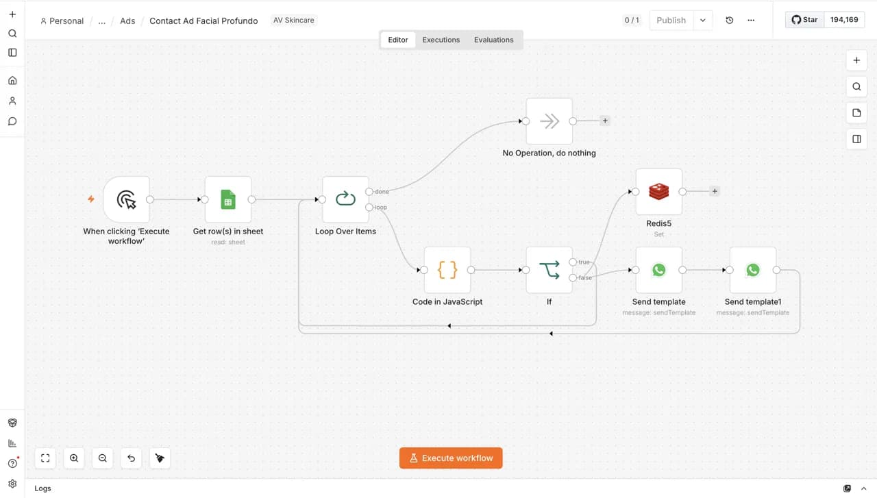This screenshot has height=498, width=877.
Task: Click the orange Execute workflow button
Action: tap(451, 458)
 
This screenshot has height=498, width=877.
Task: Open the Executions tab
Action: tap(441, 40)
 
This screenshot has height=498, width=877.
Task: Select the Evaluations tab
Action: tap(494, 40)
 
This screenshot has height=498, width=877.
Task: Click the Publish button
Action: tap(671, 20)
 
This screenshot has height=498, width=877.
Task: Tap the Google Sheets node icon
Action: tap(228, 199)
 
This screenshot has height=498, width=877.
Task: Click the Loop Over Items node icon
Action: tap(345, 199)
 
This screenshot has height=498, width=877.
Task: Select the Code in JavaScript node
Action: tap(447, 270)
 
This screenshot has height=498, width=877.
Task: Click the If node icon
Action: tap(549, 270)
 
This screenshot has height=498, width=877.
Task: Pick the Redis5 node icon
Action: tap(658, 191)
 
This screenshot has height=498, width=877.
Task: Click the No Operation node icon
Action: tap(549, 121)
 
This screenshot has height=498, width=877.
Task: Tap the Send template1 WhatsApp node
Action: tap(752, 270)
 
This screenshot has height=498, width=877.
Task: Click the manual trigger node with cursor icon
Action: tap(126, 199)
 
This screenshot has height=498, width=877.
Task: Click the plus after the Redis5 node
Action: tap(715, 191)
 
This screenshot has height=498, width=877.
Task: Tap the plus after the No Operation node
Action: tap(605, 121)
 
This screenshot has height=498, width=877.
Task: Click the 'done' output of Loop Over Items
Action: tap(369, 191)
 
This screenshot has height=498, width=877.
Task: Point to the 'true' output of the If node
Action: tap(573, 262)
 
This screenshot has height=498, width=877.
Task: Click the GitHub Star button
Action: tap(804, 20)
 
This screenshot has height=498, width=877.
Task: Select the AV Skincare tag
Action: tap(294, 20)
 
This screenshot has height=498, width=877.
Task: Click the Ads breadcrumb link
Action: tap(127, 21)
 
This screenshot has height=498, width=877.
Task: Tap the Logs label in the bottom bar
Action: tap(42, 488)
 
